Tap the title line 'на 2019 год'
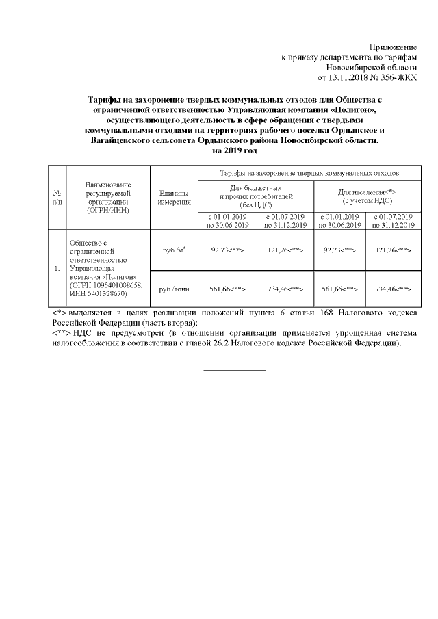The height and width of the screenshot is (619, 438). pos(234,150)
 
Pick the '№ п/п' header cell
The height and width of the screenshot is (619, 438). pos(57,198)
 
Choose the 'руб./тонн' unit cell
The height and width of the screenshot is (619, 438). pos(173,290)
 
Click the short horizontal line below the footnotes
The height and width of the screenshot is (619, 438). pos(234,370)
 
